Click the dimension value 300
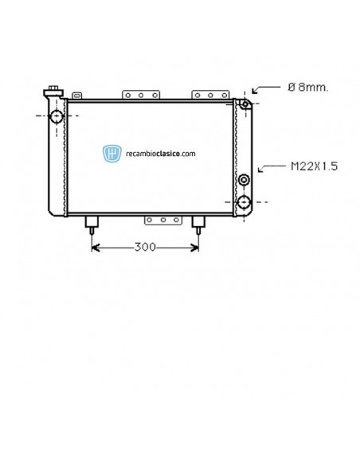coord(144,247)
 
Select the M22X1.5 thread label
coord(313,166)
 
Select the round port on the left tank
coord(57,117)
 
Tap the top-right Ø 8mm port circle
coord(245,104)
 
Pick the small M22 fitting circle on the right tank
coord(244,178)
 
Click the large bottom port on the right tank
coord(244,201)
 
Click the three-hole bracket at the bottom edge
coord(162,219)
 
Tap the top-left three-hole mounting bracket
coord(140,96)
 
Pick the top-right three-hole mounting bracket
coord(210,96)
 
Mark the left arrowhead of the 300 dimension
coord(95,247)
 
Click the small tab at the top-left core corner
coord(76,96)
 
